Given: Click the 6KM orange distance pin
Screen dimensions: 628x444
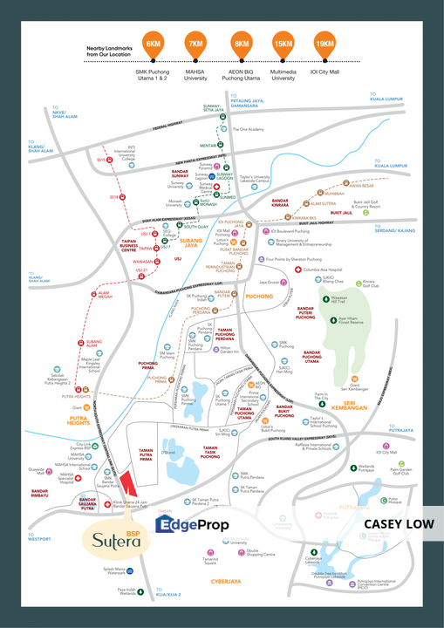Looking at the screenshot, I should point(154,44).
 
